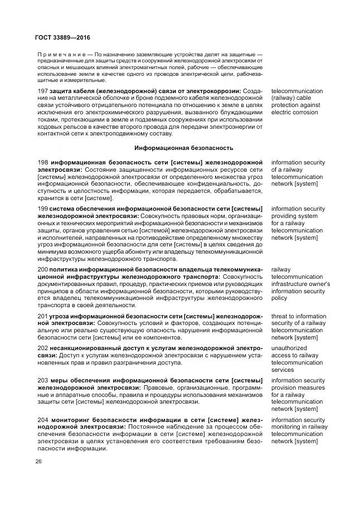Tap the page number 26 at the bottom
(x=38, y=462)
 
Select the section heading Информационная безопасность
(x=183, y=148)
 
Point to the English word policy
(x=280, y=298)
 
